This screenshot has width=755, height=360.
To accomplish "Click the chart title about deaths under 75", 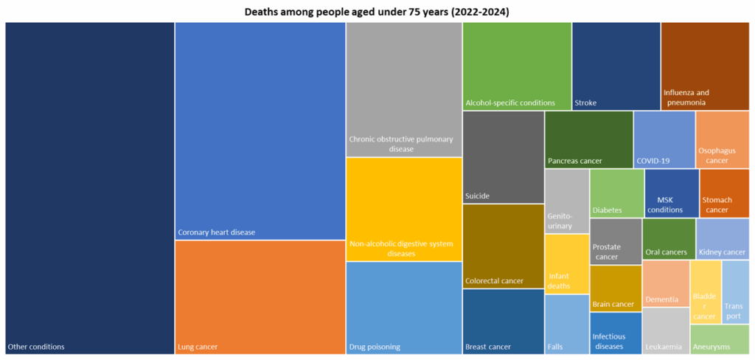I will (377, 12).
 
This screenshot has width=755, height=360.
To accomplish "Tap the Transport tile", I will (735, 292).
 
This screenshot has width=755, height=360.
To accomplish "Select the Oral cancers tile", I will (669, 238).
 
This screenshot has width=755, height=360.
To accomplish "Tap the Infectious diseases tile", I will (616, 333).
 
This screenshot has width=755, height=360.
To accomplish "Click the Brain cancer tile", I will (616, 288).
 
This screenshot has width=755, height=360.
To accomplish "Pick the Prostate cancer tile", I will (616, 241).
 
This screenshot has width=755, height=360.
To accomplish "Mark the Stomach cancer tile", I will (724, 193).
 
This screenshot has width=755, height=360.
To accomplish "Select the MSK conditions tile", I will (671, 193).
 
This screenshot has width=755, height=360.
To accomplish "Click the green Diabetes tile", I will (616, 193).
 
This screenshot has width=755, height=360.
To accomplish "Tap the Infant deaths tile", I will (566, 263).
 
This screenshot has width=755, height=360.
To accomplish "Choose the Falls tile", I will (566, 324).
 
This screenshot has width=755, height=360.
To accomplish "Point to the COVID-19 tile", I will (664, 139).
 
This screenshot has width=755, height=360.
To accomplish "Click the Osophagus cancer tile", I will (722, 139).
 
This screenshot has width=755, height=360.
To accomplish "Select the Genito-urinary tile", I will (566, 201).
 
